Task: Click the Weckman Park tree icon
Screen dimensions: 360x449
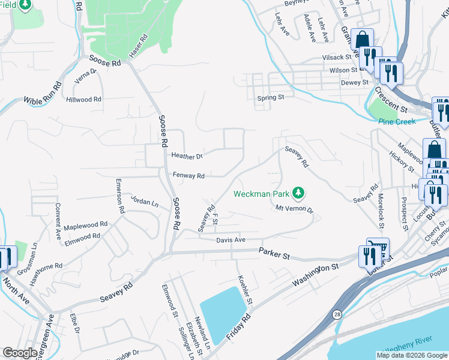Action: click(x=298, y=193)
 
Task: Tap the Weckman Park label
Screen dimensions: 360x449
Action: click(x=262, y=194)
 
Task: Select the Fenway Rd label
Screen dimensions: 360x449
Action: click(x=189, y=176)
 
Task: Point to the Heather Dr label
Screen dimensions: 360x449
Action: click(x=187, y=156)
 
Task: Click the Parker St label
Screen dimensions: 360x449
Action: click(x=274, y=254)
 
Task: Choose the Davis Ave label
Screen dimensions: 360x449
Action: click(x=231, y=240)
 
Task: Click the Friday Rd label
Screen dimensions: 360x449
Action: click(x=238, y=328)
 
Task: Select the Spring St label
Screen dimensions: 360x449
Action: click(x=270, y=97)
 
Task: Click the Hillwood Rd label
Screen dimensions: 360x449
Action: click(x=84, y=100)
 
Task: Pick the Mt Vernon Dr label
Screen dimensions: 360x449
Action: click(x=294, y=209)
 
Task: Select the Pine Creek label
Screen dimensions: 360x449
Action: click(x=397, y=122)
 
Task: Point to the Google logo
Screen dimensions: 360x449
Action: click(x=20, y=353)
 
